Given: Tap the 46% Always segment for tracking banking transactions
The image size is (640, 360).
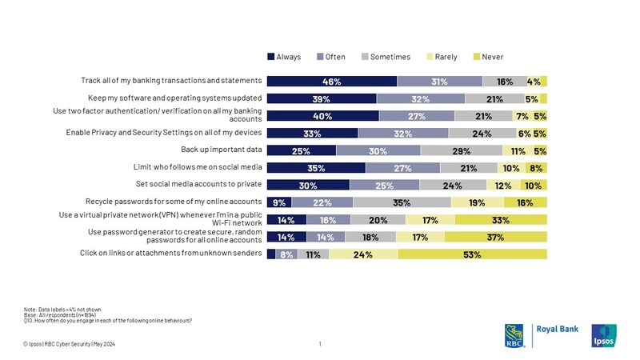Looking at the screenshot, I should [x=331, y=81].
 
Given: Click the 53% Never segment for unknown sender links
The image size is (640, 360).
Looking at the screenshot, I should [x=472, y=254].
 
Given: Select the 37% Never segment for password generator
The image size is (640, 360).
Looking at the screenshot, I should [x=495, y=237].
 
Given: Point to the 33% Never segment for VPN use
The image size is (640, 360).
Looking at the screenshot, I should [x=501, y=219].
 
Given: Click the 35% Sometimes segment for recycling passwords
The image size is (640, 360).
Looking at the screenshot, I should [x=402, y=202].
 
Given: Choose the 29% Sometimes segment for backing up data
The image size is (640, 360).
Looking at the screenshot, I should [x=461, y=150].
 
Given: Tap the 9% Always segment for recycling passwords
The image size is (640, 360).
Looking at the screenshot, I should [x=278, y=202].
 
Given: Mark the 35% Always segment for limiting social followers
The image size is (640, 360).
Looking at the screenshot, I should [x=315, y=168].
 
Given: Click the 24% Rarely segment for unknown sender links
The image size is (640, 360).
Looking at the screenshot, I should [x=363, y=254].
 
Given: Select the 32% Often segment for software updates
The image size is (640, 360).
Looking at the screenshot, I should [x=420, y=98].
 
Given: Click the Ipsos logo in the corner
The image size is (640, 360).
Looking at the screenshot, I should [x=603, y=335].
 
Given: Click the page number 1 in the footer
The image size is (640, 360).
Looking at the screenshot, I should [x=319, y=344].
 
